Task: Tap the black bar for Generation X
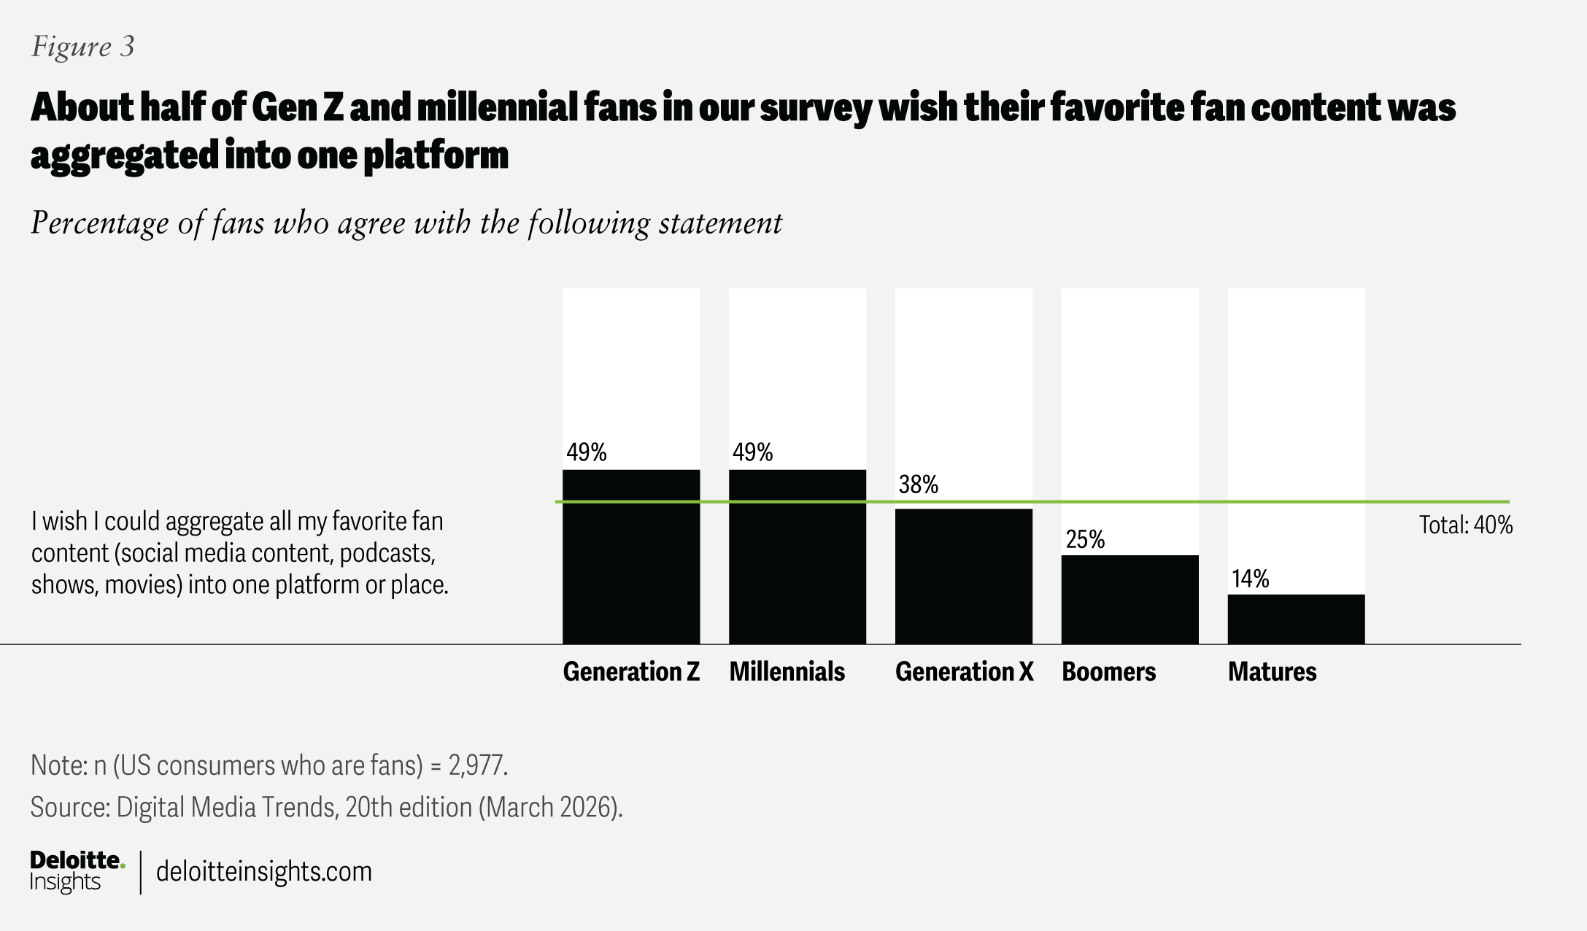964,576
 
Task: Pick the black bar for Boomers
1130,599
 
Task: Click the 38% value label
918,484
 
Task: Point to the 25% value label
1085,539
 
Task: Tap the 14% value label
1251,579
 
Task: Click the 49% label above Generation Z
587,452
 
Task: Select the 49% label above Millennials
752,452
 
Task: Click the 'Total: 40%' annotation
1465,525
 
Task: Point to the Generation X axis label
964,671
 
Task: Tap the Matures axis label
1272,671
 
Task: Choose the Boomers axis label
1108,671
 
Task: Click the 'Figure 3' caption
83,47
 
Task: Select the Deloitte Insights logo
77,871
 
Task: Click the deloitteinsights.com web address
264,871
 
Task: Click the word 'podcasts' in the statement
387,553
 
